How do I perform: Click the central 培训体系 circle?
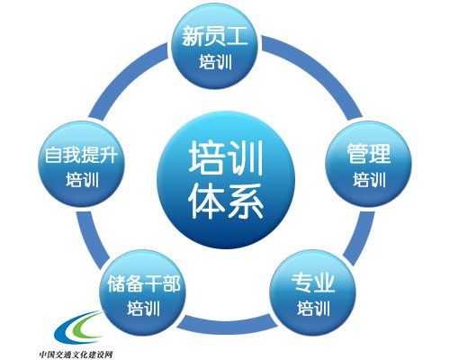(x=226, y=180)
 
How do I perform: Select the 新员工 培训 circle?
(x=215, y=46)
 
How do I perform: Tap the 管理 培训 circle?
(x=369, y=164)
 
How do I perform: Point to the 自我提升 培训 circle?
(x=82, y=164)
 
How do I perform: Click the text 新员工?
(x=215, y=36)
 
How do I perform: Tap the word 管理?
(x=369, y=154)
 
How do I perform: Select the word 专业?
(x=313, y=283)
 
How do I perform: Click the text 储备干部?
(x=144, y=283)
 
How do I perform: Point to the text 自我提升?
(x=81, y=155)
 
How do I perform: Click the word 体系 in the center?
(x=226, y=202)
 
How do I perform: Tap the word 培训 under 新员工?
(x=215, y=62)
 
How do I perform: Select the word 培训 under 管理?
(x=369, y=180)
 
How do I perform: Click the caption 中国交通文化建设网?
(x=76, y=355)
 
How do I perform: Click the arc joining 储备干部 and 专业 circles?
(x=228, y=326)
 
